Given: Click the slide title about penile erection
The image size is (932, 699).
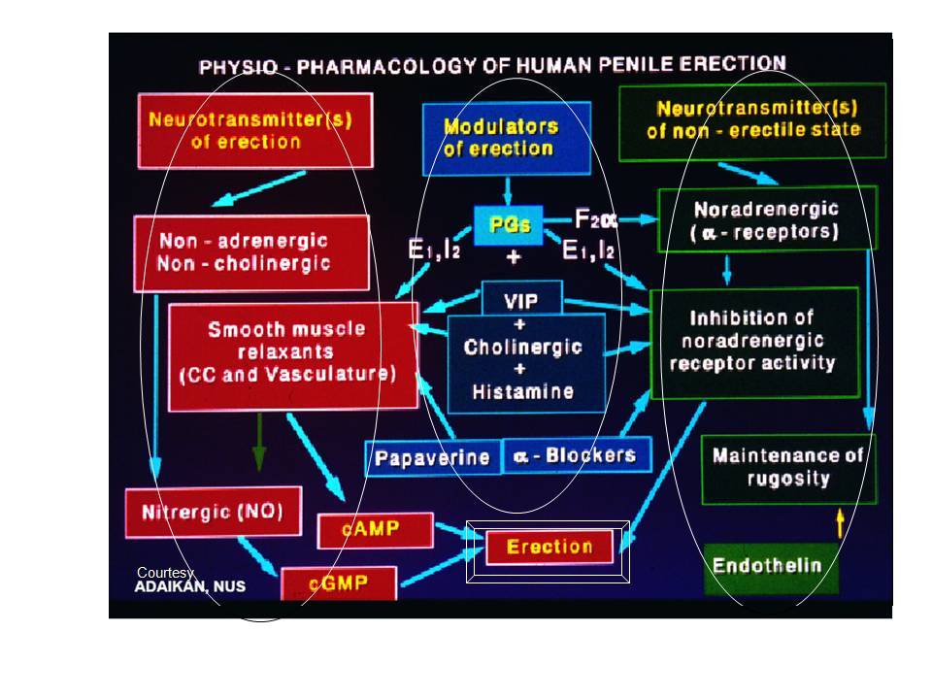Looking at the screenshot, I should [492, 67].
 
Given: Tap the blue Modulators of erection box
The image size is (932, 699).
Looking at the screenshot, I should [506, 138].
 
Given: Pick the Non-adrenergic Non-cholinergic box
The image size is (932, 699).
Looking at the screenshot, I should [251, 252].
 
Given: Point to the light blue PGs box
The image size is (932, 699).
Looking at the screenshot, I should [509, 225].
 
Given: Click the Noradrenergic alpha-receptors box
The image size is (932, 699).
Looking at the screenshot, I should [766, 221].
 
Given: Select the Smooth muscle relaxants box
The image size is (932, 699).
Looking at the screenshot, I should [293, 354].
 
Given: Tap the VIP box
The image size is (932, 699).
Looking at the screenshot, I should [521, 300].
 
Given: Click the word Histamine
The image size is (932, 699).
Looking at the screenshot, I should [522, 392].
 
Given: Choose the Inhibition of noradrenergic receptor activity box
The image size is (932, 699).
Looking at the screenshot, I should [753, 342].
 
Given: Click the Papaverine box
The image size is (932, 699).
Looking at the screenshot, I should [432, 457].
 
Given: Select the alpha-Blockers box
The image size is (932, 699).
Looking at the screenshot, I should [577, 454].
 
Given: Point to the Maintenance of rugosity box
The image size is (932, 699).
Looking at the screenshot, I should [787, 467].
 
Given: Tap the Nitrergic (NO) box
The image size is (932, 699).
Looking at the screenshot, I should [213, 512].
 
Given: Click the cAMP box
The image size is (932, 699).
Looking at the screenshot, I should [374, 530].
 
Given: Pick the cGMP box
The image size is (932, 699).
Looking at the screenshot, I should [339, 583].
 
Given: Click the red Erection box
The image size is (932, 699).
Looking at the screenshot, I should [549, 547].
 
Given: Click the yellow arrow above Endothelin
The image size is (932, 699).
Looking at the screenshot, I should [840, 524].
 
